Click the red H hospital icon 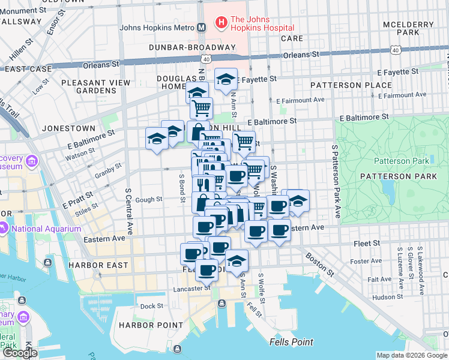[221, 23]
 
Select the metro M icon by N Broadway [202, 28]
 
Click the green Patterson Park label [402, 161]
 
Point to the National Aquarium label [46, 229]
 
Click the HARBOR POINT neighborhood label [150, 325]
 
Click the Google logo [20, 353]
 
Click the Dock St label [152, 306]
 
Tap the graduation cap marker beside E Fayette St [226, 80]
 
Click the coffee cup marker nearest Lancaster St [208, 269]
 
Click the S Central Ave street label [128, 211]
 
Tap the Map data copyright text [411, 355]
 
